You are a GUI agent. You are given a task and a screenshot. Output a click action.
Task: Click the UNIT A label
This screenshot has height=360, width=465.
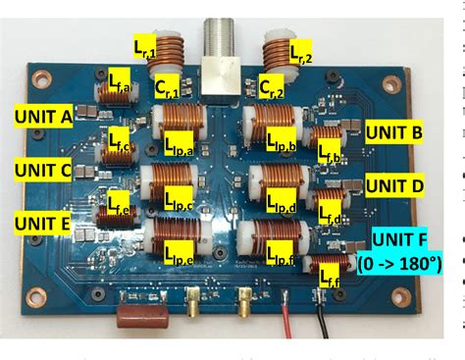(44, 117)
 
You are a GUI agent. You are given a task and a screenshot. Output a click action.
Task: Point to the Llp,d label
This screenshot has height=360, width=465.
(284, 206)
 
